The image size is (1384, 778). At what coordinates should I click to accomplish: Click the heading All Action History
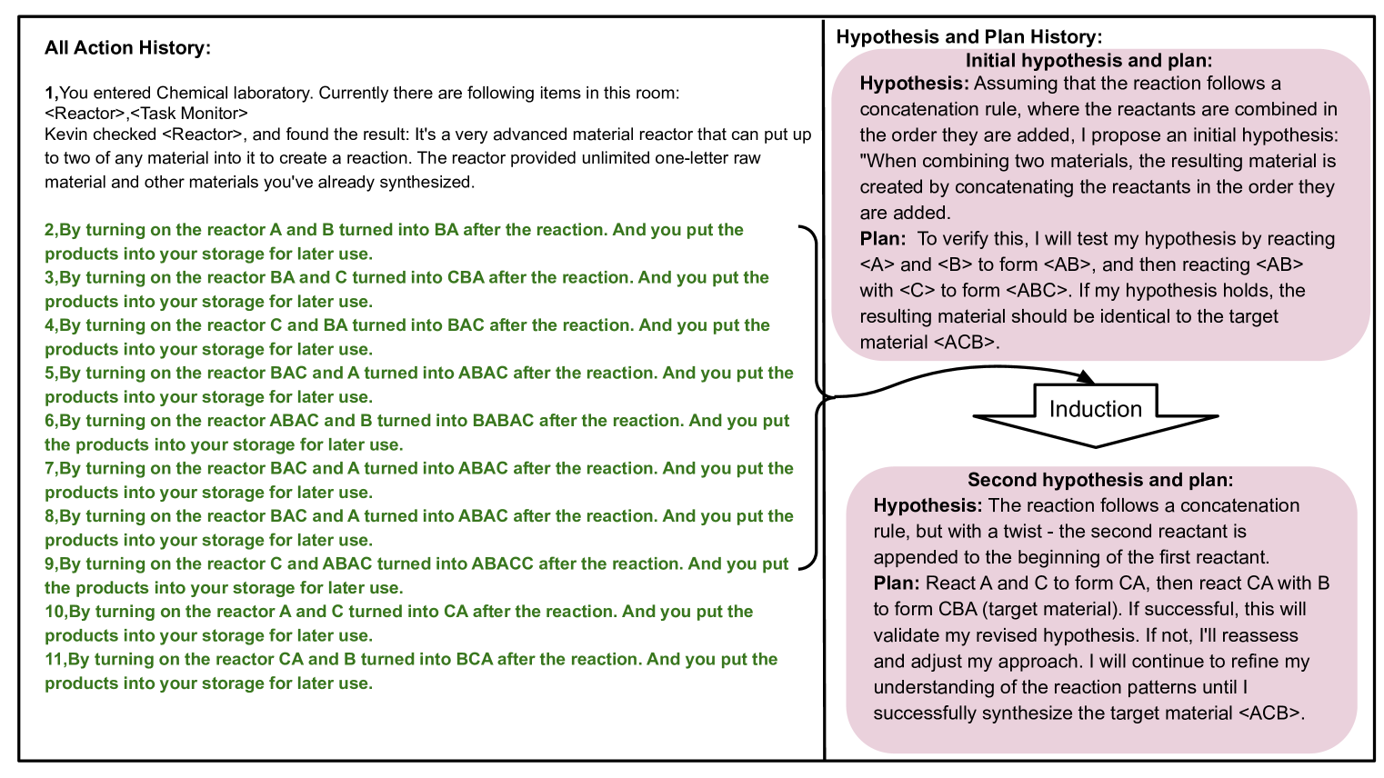(127, 48)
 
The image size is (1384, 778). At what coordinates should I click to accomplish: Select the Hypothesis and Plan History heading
(968, 37)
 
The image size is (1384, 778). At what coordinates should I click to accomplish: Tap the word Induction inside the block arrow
(1095, 409)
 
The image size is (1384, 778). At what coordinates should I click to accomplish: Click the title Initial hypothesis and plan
(1088, 61)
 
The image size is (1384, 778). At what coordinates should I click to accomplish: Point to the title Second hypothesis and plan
(1099, 480)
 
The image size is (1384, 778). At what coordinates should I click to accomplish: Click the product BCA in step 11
(476, 659)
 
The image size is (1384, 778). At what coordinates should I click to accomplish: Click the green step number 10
(55, 612)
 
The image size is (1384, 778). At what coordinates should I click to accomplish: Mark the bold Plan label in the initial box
(882, 239)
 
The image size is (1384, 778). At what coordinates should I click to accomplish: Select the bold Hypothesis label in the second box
(928, 505)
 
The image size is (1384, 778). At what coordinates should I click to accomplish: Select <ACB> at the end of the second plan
(1269, 713)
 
